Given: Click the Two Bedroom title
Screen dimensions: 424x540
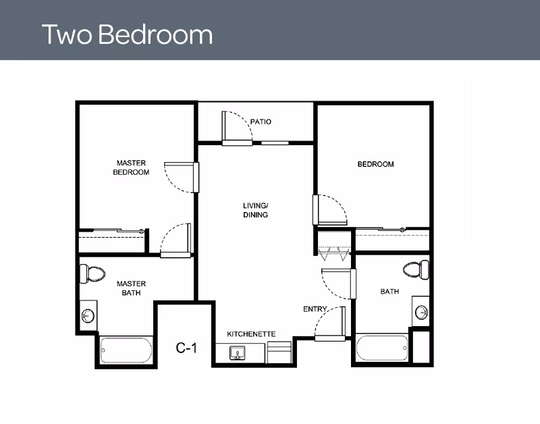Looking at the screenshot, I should (x=127, y=34).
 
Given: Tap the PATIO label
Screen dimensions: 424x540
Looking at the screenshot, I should (x=261, y=122).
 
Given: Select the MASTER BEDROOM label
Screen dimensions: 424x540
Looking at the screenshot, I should (x=132, y=167).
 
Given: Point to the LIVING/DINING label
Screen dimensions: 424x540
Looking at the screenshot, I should (x=256, y=210).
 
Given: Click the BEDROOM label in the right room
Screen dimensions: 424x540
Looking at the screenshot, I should (x=375, y=164).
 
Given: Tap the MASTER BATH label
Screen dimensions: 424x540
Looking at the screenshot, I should (x=131, y=288).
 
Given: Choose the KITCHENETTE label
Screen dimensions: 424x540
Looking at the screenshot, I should (x=251, y=334).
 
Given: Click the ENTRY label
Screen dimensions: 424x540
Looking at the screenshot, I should (x=315, y=309).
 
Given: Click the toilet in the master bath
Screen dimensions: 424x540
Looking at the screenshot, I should (x=92, y=273).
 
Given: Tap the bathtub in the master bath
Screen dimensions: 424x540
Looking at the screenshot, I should (x=126, y=350).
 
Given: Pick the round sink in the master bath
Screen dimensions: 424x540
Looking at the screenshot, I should (x=87, y=315).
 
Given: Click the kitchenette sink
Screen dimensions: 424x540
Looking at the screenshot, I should (x=238, y=353).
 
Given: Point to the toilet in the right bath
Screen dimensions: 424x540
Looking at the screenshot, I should (x=416, y=269).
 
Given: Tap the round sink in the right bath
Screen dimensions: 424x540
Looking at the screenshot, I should (x=421, y=312).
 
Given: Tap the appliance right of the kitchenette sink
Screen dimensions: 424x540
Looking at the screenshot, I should (x=279, y=352).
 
